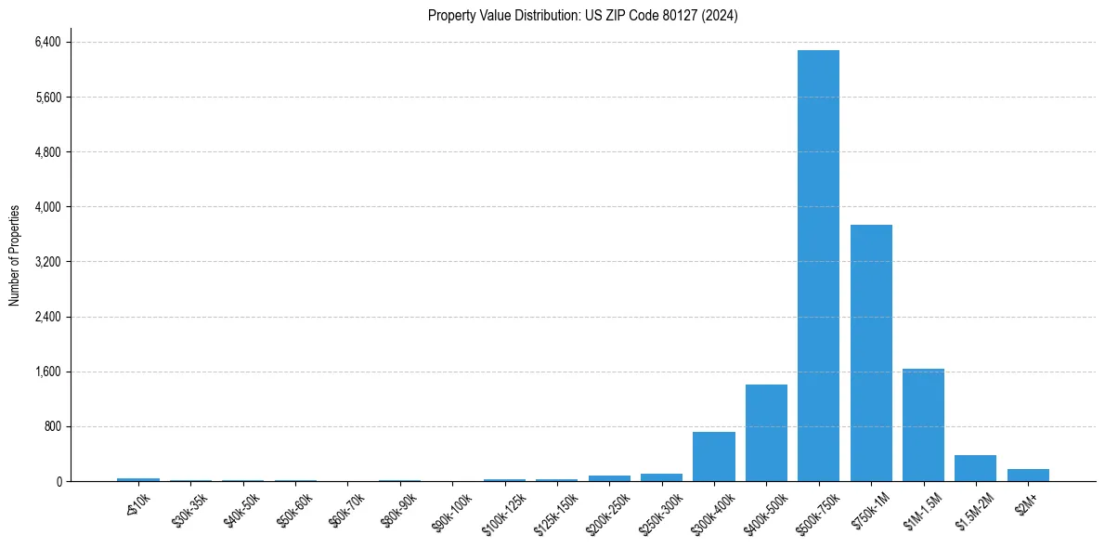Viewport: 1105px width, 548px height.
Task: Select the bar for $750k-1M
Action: pos(871,353)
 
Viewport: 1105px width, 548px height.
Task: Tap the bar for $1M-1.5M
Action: pos(923,425)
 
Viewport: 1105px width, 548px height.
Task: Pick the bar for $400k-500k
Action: pos(766,433)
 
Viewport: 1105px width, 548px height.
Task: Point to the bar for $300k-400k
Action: pos(713,457)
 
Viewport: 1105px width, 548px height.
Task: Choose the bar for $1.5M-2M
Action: pos(975,468)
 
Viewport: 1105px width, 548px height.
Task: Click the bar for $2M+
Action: pos(1028,476)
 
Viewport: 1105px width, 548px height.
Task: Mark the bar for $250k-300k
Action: pos(661,477)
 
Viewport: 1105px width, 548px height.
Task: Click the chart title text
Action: pos(582,16)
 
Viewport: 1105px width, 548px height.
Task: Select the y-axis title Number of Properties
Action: pos(15,255)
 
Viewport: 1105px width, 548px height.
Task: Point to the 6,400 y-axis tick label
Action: pos(46,42)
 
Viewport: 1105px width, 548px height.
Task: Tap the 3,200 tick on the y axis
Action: pos(46,262)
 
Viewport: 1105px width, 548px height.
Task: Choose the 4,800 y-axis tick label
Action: pos(46,151)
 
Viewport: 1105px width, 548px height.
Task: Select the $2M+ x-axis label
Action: pos(1027,502)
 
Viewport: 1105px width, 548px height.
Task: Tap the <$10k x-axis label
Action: pos(137,502)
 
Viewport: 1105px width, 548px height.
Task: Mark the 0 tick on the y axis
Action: pos(58,481)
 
